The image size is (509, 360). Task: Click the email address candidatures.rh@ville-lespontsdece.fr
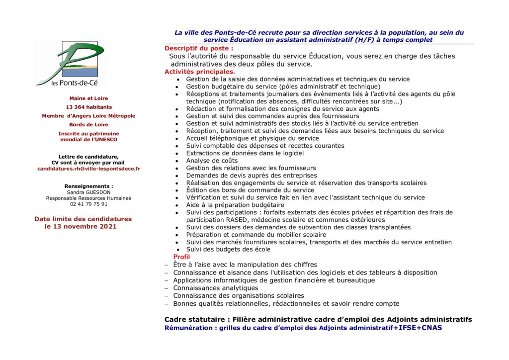coord(88,169)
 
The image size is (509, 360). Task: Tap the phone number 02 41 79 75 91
coord(88,204)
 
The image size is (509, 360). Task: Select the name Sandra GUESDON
coord(88,192)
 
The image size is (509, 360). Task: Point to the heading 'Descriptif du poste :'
coord(199,48)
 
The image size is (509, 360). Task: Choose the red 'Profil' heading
coord(181,257)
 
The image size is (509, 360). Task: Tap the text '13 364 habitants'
coord(88,107)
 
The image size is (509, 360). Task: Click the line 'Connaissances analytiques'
coord(216,288)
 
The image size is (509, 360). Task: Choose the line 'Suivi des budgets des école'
coord(228,249)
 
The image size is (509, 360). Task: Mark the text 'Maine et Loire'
coord(88,98)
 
